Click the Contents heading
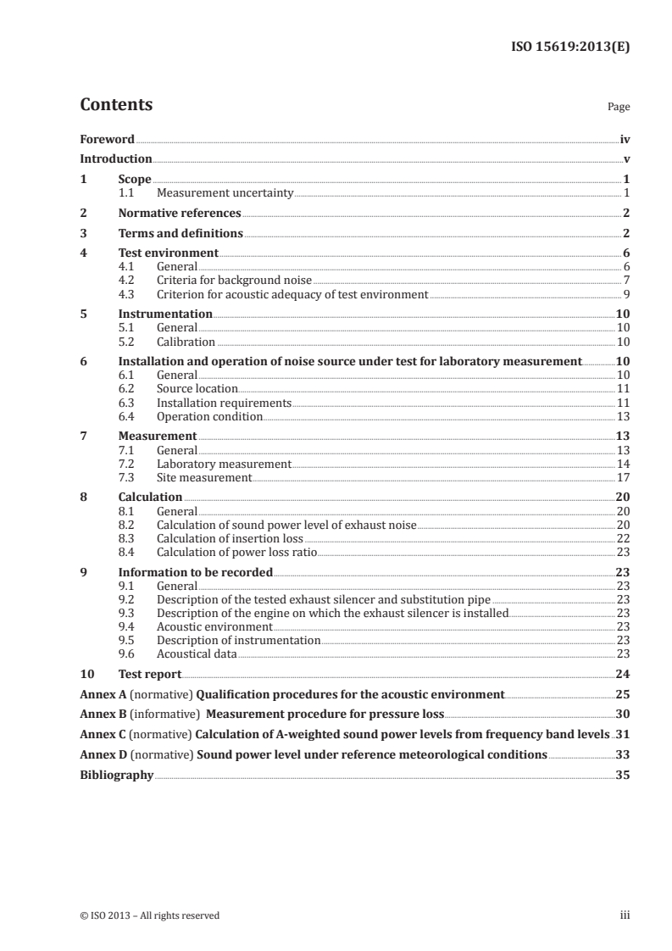tap(116, 105)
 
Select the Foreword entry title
tap(107, 139)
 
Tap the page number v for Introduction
tap(625, 158)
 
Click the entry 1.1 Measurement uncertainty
tap(225, 193)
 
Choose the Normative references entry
tap(180, 213)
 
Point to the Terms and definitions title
tap(180, 233)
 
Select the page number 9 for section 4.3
tap(625, 294)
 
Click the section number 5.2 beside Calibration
tap(127, 342)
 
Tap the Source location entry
tap(197, 388)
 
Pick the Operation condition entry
tap(209, 417)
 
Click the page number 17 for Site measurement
tap(623, 477)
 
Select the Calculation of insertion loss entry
tap(230, 538)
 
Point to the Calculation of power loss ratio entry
tap(236, 552)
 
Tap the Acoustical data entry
tap(197, 653)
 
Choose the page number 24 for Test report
tap(622, 674)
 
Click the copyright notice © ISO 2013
tap(149, 915)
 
